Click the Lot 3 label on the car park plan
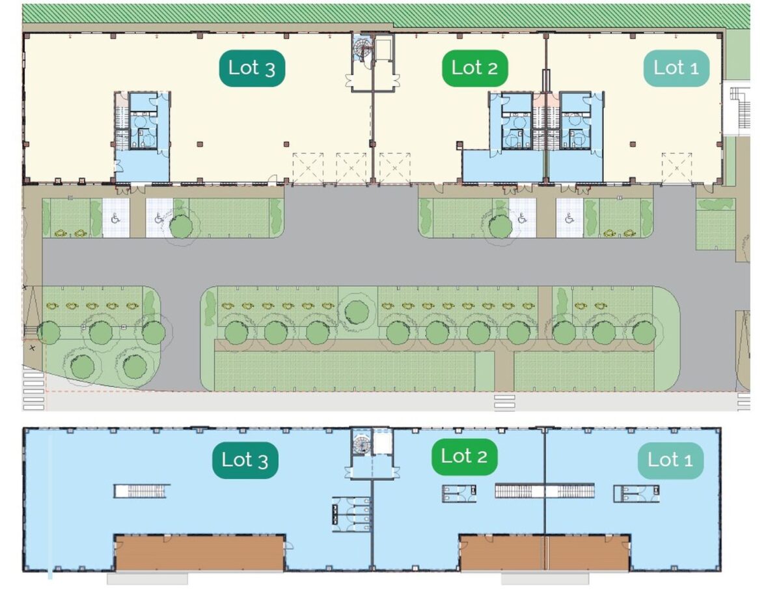(x=252, y=68)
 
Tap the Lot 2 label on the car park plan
(x=474, y=68)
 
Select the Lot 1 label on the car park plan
(x=676, y=68)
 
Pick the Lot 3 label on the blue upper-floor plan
(x=245, y=460)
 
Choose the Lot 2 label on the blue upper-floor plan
(x=464, y=457)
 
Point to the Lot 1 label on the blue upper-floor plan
(x=670, y=460)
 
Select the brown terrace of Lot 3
(x=200, y=554)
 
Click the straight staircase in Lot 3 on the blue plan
(x=142, y=491)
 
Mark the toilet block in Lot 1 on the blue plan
(x=636, y=494)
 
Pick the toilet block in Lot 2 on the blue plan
(x=459, y=494)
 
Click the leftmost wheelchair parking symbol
(x=115, y=218)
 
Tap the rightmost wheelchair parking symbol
(x=569, y=218)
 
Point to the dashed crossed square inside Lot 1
(x=677, y=168)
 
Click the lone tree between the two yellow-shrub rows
(x=357, y=312)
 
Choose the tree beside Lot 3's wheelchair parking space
(x=181, y=227)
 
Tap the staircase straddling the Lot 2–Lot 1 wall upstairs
(x=544, y=491)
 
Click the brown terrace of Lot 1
(x=588, y=554)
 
